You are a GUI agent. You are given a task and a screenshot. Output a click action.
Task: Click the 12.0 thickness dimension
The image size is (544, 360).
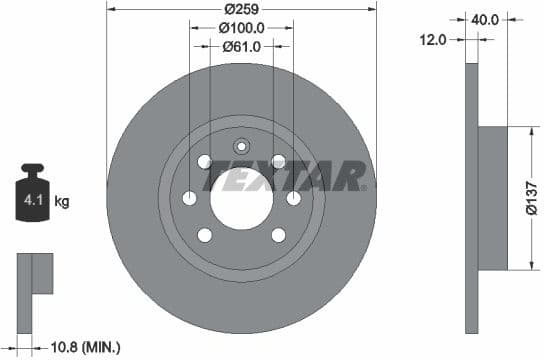click(x=433, y=40)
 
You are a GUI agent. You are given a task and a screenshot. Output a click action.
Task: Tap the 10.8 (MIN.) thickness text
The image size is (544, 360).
click(x=84, y=347)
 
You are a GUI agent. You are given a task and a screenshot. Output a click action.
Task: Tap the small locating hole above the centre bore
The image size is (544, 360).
click(x=241, y=144)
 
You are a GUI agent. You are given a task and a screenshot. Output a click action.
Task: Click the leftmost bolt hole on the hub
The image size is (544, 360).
click(x=189, y=199)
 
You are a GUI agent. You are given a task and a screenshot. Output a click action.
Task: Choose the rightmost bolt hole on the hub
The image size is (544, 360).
click(x=293, y=199)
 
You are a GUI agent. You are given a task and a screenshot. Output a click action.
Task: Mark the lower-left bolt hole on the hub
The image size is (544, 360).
click(x=205, y=236)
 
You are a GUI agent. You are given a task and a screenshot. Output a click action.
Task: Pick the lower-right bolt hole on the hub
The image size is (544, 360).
click(x=278, y=236)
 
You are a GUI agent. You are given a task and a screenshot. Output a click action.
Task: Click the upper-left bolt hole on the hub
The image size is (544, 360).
click(x=205, y=162)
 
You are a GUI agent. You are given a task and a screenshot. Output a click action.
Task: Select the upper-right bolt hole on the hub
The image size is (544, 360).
click(x=278, y=161)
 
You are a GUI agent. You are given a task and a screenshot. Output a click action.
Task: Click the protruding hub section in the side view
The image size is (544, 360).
click(x=494, y=198)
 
